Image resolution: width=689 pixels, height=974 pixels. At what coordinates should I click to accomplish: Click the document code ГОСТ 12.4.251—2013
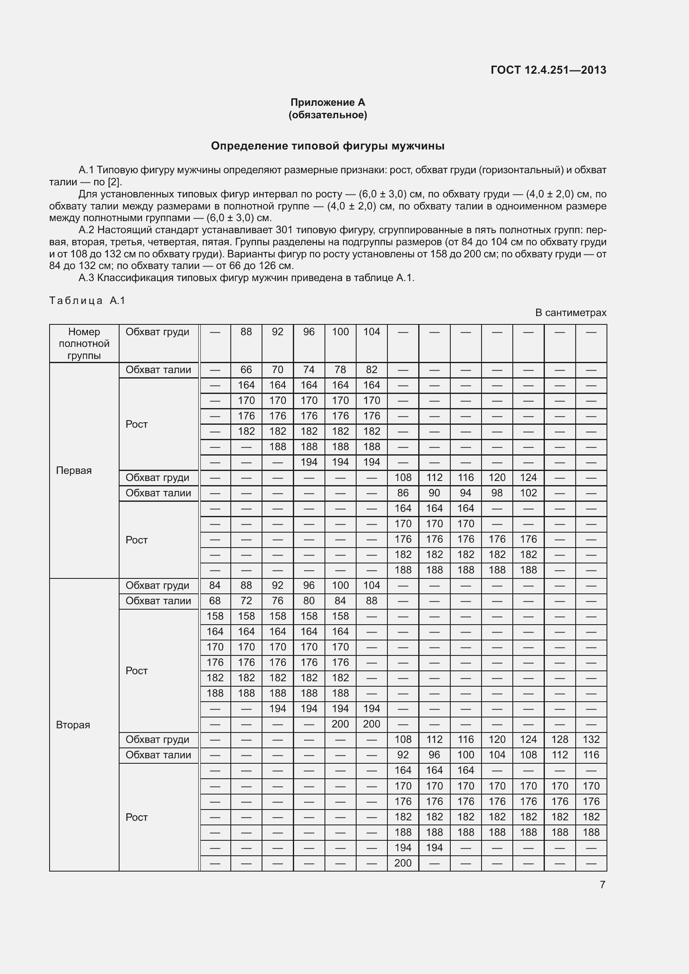click(548, 70)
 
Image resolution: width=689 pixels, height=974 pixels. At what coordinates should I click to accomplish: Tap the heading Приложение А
click(327, 102)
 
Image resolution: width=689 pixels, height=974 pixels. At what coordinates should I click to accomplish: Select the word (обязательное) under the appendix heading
click(327, 115)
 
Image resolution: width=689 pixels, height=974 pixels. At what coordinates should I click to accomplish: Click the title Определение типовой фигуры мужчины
click(327, 146)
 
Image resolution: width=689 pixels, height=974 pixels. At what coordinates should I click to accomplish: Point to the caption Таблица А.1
click(87, 301)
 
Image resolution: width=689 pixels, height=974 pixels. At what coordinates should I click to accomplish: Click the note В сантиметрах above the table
click(571, 313)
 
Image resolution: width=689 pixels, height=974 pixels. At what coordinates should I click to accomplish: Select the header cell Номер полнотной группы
click(84, 344)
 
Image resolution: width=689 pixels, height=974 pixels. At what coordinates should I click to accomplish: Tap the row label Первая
click(74, 471)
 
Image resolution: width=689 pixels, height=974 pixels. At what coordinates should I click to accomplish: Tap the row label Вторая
click(73, 725)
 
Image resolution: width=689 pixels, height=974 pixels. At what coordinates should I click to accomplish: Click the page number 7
click(602, 884)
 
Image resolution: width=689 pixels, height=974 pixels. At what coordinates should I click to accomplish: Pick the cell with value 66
click(246, 370)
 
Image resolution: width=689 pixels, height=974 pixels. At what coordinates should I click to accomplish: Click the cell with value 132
click(591, 740)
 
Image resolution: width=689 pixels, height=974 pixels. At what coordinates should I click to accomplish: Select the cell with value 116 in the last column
click(591, 755)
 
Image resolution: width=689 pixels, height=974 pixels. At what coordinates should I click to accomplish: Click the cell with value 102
click(528, 493)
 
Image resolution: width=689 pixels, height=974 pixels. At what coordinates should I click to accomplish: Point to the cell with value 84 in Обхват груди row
click(215, 585)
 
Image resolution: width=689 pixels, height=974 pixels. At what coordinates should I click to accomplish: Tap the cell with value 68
click(215, 601)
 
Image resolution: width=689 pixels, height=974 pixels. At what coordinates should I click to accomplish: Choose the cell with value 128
click(559, 740)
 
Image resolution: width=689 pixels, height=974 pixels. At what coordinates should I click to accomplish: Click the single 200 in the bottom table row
click(403, 863)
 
